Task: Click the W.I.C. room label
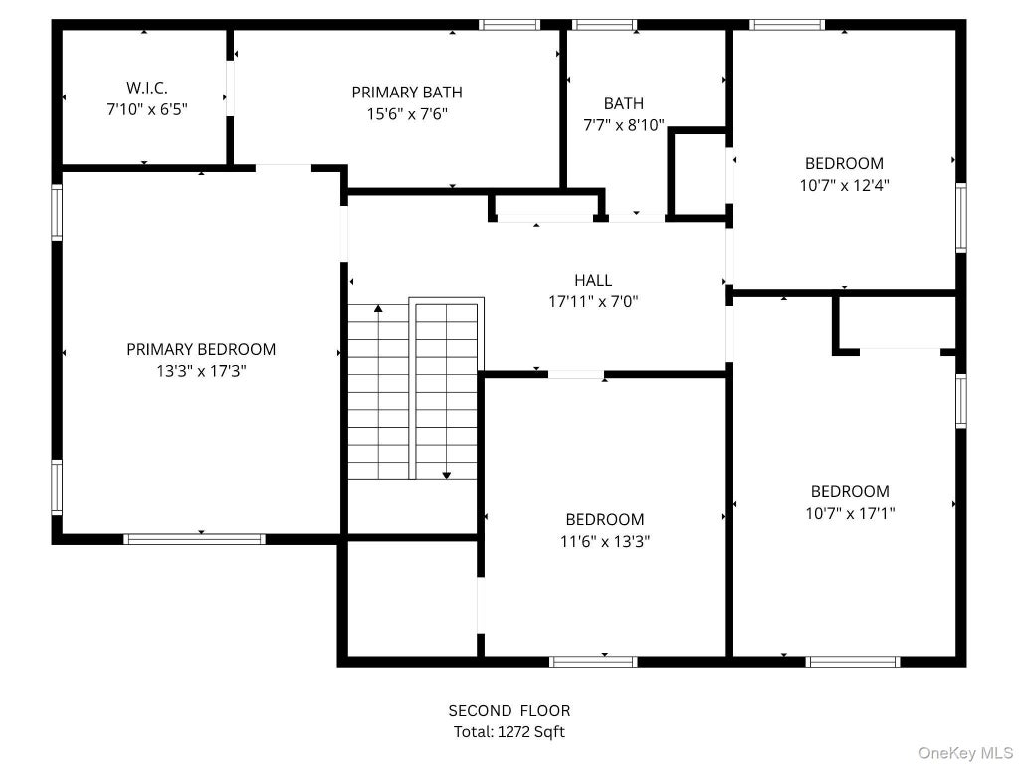click(147, 88)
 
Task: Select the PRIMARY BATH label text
click(407, 93)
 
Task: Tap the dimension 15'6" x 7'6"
click(407, 114)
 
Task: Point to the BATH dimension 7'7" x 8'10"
click(624, 125)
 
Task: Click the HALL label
click(593, 280)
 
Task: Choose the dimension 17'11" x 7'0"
click(593, 302)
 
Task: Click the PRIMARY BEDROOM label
click(201, 349)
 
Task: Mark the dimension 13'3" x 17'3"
click(201, 372)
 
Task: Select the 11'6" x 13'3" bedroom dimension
click(605, 542)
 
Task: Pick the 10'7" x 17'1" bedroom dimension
click(850, 514)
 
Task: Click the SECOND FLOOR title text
click(509, 710)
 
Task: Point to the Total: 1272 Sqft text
click(509, 732)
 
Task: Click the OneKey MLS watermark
click(965, 753)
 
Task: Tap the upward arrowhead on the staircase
click(378, 308)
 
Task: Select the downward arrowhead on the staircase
click(447, 476)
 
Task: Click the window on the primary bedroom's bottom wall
click(194, 538)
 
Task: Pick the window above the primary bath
click(509, 25)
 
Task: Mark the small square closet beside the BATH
click(700, 173)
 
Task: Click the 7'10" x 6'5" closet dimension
click(147, 109)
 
